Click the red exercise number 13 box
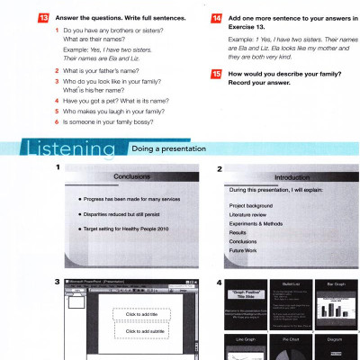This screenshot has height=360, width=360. point(16,17)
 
